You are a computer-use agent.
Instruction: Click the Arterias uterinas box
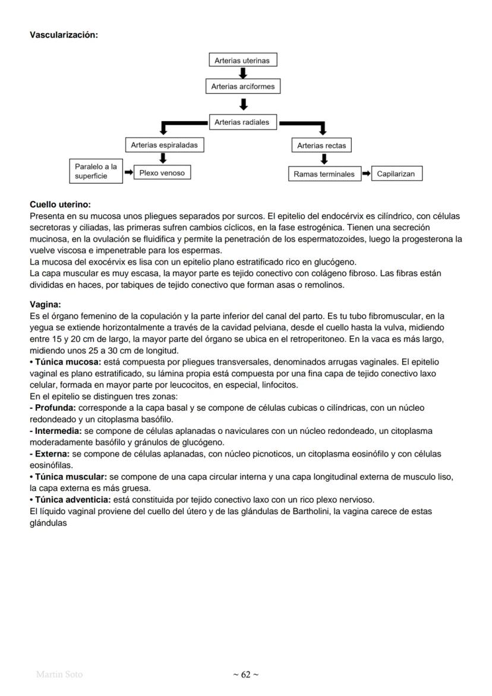[242, 61]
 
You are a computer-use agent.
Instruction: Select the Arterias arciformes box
[243, 87]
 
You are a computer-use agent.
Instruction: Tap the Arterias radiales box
[242, 122]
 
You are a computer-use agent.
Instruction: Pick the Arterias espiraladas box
[164, 145]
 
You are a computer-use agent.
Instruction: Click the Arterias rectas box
[321, 146]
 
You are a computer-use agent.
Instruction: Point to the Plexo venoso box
[162, 174]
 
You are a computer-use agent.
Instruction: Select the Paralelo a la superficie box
[96, 172]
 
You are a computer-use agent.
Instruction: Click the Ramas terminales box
[324, 174]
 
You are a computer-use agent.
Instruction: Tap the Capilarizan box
[396, 174]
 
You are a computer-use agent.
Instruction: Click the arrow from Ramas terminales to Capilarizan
[366, 174]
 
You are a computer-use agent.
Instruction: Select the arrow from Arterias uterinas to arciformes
[243, 73]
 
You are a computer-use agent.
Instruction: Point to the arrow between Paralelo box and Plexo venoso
[128, 174]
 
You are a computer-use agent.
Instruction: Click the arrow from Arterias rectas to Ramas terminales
[324, 159]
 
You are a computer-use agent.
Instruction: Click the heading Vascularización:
[64, 35]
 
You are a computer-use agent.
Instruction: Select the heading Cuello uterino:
[60, 204]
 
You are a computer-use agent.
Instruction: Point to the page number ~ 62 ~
[245, 674]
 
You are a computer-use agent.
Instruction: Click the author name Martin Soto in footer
[59, 674]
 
